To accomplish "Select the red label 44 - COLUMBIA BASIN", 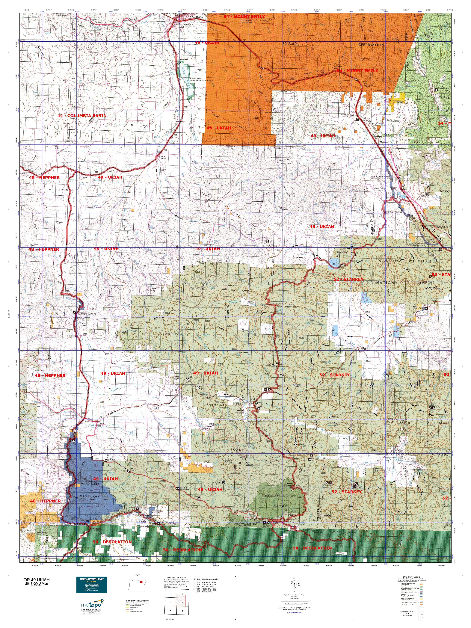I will tap(82, 116).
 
